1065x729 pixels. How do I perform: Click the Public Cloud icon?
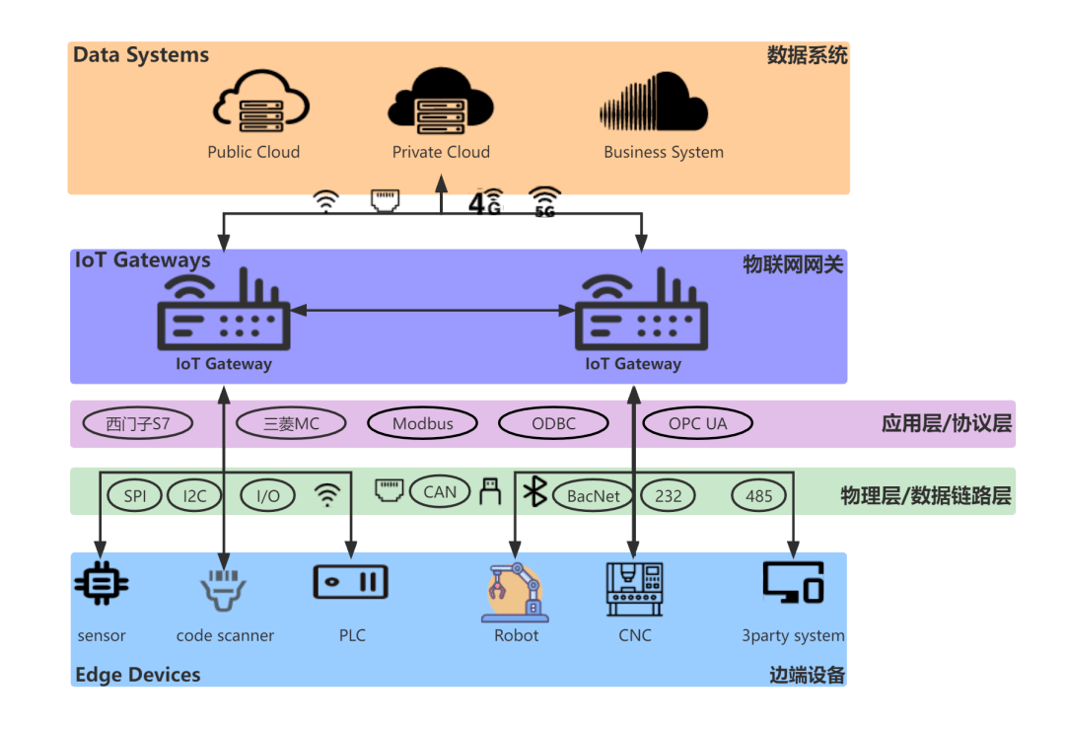click(x=261, y=102)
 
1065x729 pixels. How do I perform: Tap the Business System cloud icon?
click(x=655, y=102)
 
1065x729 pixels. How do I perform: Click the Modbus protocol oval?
click(x=423, y=424)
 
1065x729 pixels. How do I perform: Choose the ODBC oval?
click(x=552, y=424)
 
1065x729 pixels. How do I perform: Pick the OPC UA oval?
click(x=697, y=424)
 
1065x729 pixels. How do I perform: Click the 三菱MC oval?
click(x=292, y=424)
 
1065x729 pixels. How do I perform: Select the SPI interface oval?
click(x=135, y=496)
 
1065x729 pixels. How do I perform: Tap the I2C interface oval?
click(x=194, y=496)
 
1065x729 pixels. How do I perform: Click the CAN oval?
click(x=440, y=491)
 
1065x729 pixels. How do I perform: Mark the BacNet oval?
click(x=594, y=496)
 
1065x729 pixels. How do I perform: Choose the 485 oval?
click(x=759, y=496)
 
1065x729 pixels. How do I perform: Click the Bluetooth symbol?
click(x=534, y=491)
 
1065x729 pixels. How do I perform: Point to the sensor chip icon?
click(x=102, y=584)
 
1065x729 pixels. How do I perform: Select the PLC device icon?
click(x=351, y=582)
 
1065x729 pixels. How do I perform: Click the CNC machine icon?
click(x=634, y=589)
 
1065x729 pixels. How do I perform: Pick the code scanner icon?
click(x=223, y=590)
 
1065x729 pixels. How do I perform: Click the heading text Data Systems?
click(x=141, y=55)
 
